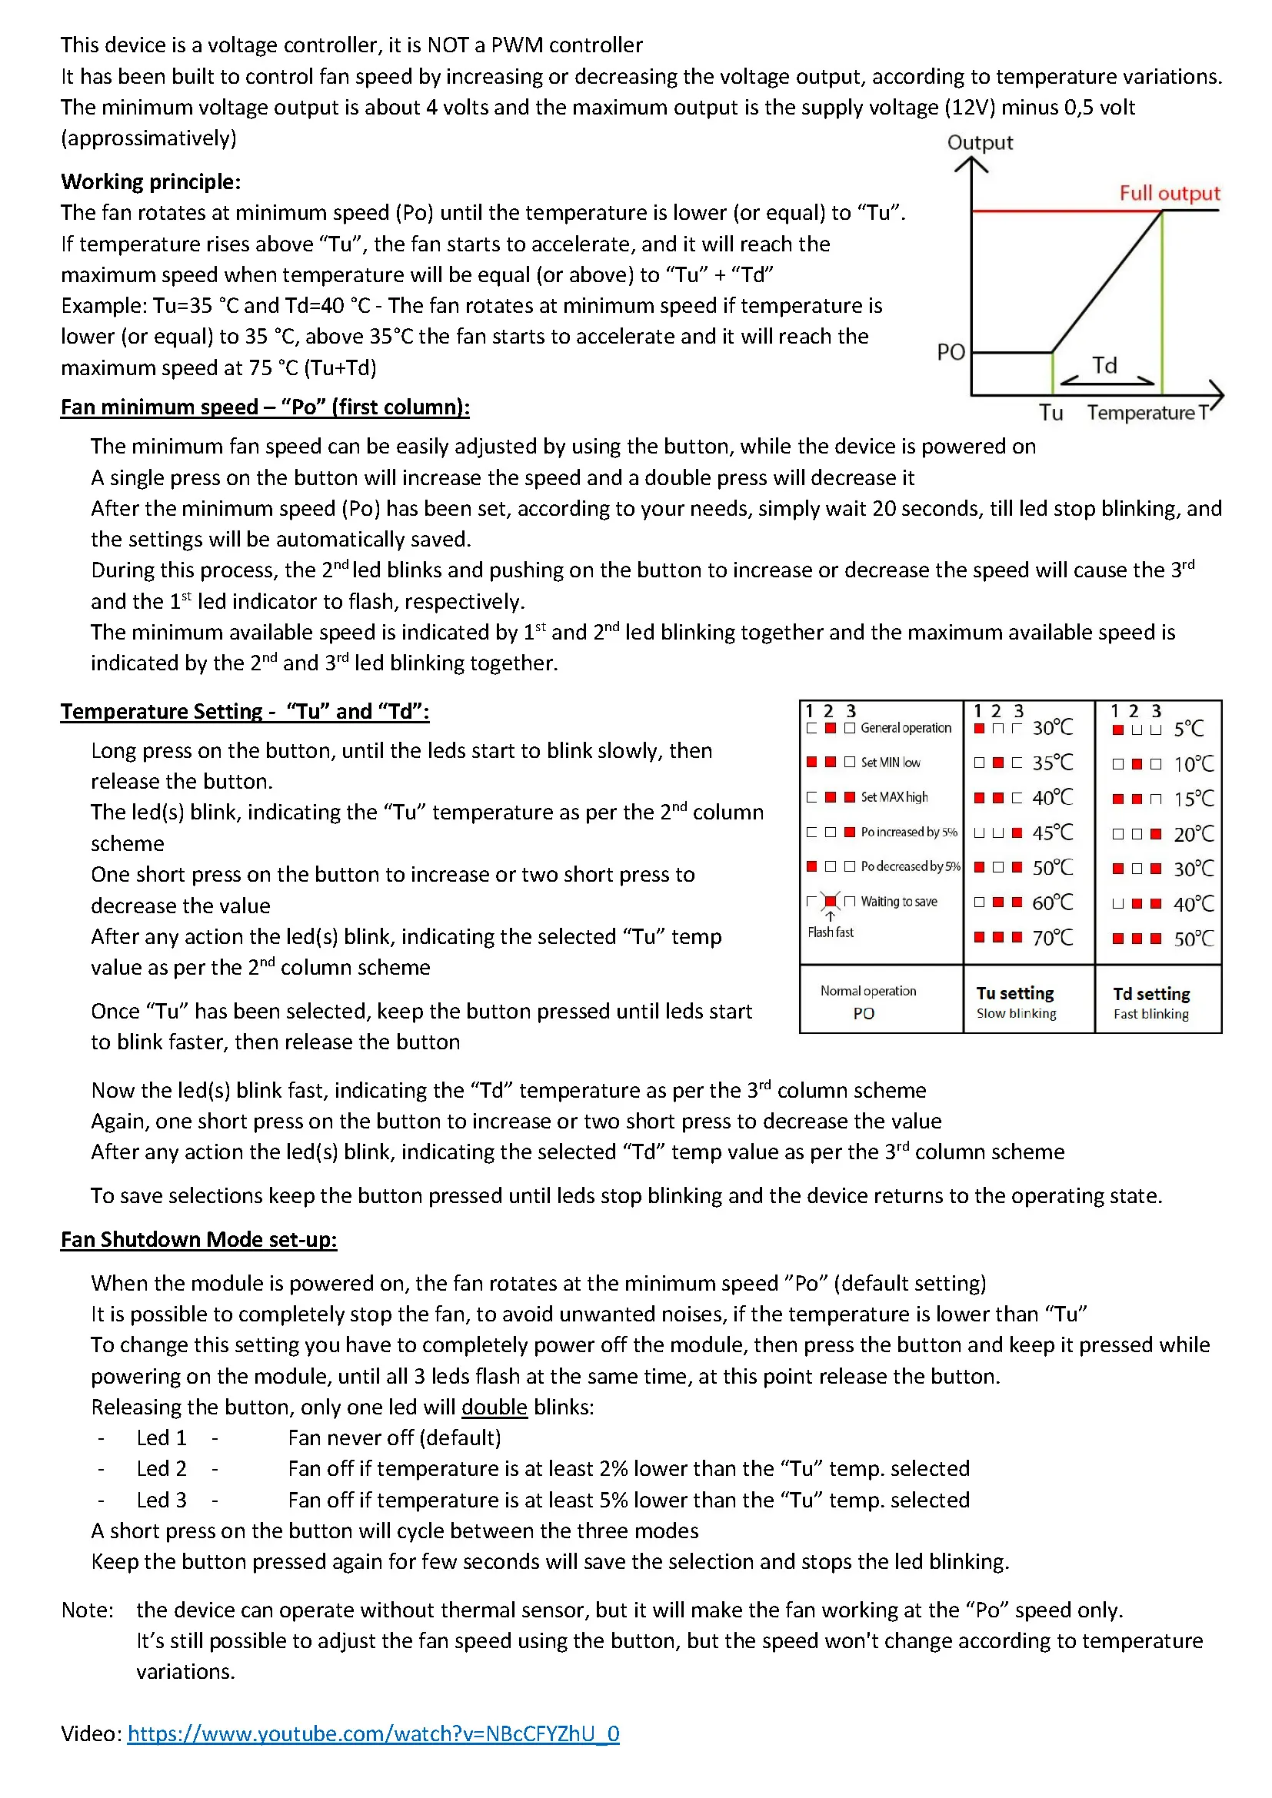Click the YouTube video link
(373, 1733)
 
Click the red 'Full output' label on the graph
(1169, 193)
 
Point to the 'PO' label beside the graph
(951, 352)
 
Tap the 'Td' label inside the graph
(1104, 365)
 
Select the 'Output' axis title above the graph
(980, 142)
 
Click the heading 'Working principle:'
(152, 181)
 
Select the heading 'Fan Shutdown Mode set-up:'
(199, 1240)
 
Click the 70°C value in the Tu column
(1053, 937)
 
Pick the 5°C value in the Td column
(1188, 729)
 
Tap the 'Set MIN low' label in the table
(891, 763)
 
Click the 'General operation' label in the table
(905, 728)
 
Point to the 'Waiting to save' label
(898, 902)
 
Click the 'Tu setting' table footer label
(1015, 994)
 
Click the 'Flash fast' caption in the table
(831, 932)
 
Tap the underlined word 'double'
(494, 1407)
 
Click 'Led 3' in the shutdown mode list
(161, 1501)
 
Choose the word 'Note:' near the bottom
(88, 1610)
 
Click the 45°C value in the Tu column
(1053, 833)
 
